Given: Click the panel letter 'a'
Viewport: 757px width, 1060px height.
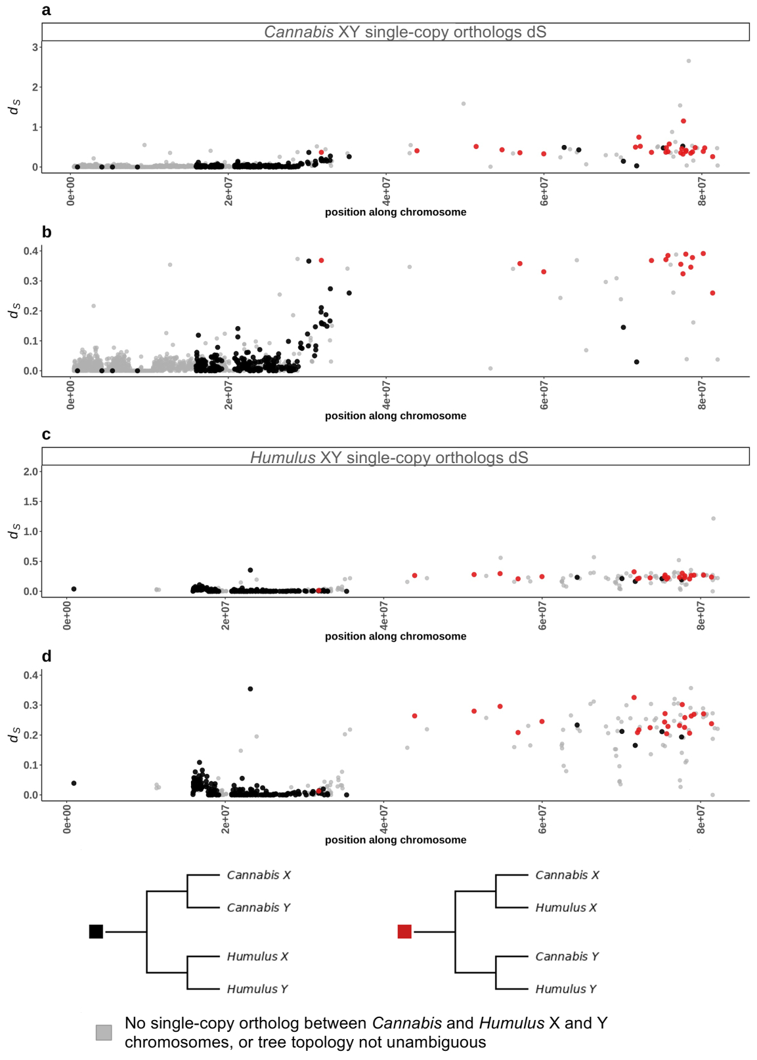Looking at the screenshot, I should click(x=46, y=10).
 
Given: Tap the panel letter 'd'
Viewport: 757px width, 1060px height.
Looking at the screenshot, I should click(x=46, y=656).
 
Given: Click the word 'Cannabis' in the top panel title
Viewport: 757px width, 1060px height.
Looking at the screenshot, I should click(x=299, y=32).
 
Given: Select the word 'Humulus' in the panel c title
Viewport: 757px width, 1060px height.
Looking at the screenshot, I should click(x=283, y=457).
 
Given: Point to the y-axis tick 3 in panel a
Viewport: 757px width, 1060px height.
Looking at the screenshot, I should click(x=35, y=47).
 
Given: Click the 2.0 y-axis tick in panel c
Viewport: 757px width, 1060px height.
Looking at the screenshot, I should click(x=30, y=472).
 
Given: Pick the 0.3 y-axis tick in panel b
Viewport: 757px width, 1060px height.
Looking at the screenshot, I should click(x=30, y=281).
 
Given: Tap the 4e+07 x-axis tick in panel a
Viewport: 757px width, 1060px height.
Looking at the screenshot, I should click(x=386, y=190).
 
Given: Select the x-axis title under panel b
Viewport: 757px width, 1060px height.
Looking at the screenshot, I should click(x=395, y=415).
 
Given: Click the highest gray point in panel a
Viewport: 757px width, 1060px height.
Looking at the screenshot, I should click(x=689, y=61).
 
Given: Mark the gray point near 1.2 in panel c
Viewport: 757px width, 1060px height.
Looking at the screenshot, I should click(x=713, y=519).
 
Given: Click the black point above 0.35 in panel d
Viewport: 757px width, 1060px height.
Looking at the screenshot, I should click(x=250, y=689).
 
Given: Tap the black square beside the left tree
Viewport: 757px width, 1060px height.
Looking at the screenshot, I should click(x=96, y=931).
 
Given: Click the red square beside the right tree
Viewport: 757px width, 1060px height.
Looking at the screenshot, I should click(x=404, y=931).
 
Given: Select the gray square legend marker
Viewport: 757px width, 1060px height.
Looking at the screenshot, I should click(x=104, y=1032).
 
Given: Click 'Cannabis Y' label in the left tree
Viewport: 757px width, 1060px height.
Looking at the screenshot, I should click(x=258, y=907).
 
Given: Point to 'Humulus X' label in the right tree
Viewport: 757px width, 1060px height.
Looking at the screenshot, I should click(x=565, y=907).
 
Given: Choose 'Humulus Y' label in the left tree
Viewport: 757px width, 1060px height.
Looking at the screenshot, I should click(x=257, y=989).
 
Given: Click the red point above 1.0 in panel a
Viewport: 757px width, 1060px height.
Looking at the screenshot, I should click(x=683, y=121).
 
